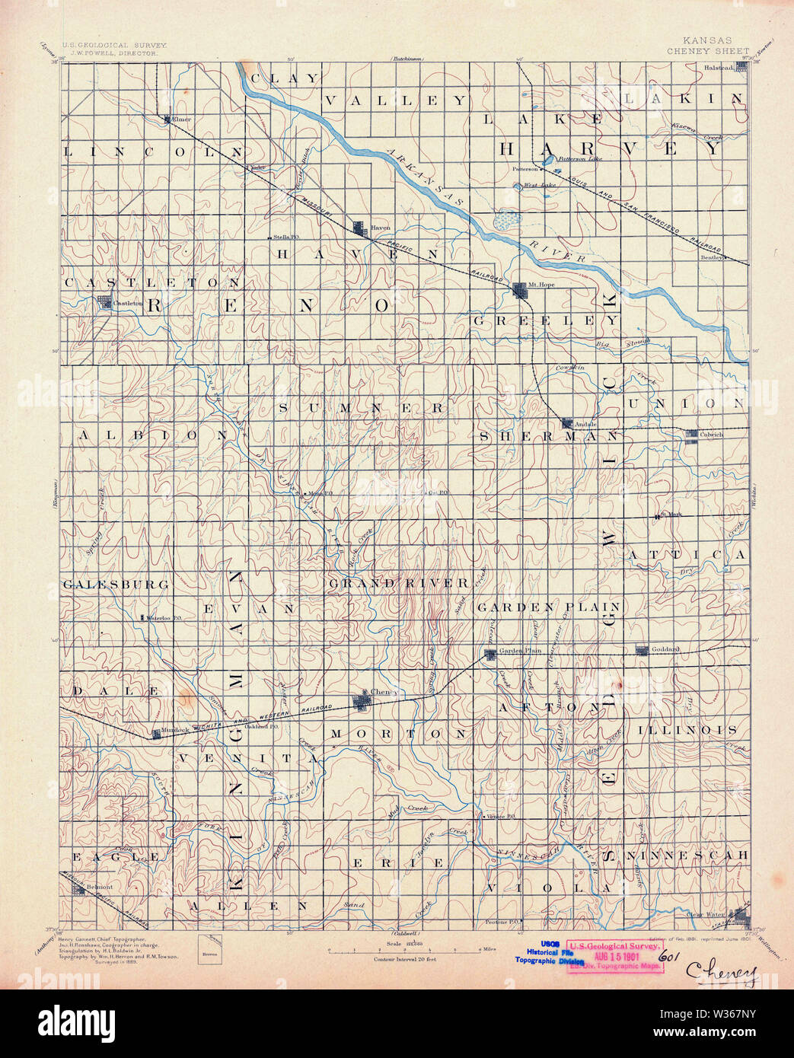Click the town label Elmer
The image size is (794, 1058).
(x=183, y=120)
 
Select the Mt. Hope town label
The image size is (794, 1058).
(x=546, y=285)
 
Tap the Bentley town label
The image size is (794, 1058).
(x=711, y=257)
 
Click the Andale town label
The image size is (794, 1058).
(x=586, y=424)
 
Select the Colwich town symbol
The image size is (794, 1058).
(x=691, y=435)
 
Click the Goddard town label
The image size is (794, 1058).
(x=665, y=649)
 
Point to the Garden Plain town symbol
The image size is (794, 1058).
(x=491, y=652)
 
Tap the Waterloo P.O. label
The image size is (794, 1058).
(x=162, y=617)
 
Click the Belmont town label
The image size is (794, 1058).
(x=99, y=887)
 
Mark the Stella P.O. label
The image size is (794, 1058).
(x=287, y=237)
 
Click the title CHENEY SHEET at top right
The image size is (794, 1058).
(x=708, y=51)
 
